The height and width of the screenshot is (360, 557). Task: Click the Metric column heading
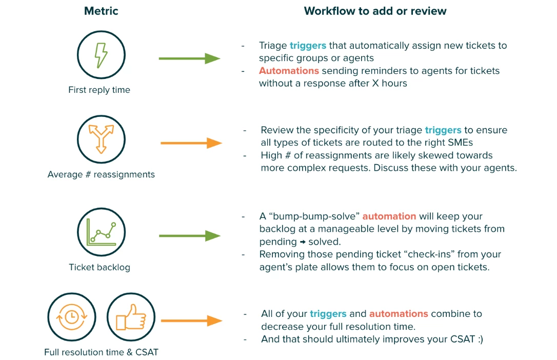[x=101, y=11]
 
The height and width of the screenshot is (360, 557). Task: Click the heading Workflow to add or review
[x=375, y=11]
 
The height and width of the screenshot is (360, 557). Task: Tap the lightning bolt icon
[x=101, y=54]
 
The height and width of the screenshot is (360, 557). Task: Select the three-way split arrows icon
[x=101, y=139]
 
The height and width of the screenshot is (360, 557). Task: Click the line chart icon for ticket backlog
[x=101, y=232]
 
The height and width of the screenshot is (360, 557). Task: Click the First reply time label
[x=99, y=90]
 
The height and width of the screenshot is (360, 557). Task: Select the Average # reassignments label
[x=101, y=174]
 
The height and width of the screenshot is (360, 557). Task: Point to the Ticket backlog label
[x=100, y=267]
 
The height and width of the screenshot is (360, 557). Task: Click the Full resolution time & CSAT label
[x=101, y=352]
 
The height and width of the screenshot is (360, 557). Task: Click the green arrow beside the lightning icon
[x=189, y=58]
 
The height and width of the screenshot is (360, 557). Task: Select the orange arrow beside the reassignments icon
[x=191, y=143]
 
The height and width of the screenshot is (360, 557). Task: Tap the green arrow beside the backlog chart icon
[x=189, y=236]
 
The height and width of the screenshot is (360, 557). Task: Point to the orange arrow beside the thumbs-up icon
[x=191, y=321]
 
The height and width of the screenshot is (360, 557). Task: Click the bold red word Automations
[x=289, y=71]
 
